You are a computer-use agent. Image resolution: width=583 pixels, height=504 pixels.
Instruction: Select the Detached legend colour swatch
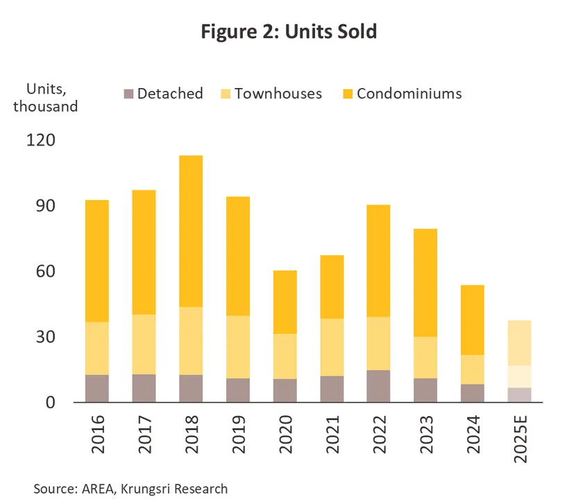pyautogui.click(x=128, y=94)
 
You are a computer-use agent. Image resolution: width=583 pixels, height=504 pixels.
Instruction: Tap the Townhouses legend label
pyautogui.click(x=278, y=94)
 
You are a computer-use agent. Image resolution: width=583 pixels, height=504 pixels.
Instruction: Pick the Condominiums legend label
pyautogui.click(x=409, y=94)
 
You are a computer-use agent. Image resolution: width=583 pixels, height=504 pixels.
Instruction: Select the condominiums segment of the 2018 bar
pyautogui.click(x=191, y=231)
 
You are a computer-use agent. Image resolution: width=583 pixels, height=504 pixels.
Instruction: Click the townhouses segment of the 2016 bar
pyautogui.click(x=96, y=348)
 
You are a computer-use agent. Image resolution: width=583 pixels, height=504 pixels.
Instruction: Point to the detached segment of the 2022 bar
pyautogui.click(x=379, y=386)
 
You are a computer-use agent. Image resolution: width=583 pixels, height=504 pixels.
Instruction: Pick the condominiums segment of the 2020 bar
pyautogui.click(x=285, y=302)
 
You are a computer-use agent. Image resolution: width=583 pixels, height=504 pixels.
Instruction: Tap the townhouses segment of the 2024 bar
pyautogui.click(x=473, y=370)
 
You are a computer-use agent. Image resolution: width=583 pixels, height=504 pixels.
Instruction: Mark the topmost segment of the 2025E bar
pyautogui.click(x=520, y=342)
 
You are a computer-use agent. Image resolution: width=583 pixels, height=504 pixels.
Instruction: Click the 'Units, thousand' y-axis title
pyautogui.click(x=45, y=98)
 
